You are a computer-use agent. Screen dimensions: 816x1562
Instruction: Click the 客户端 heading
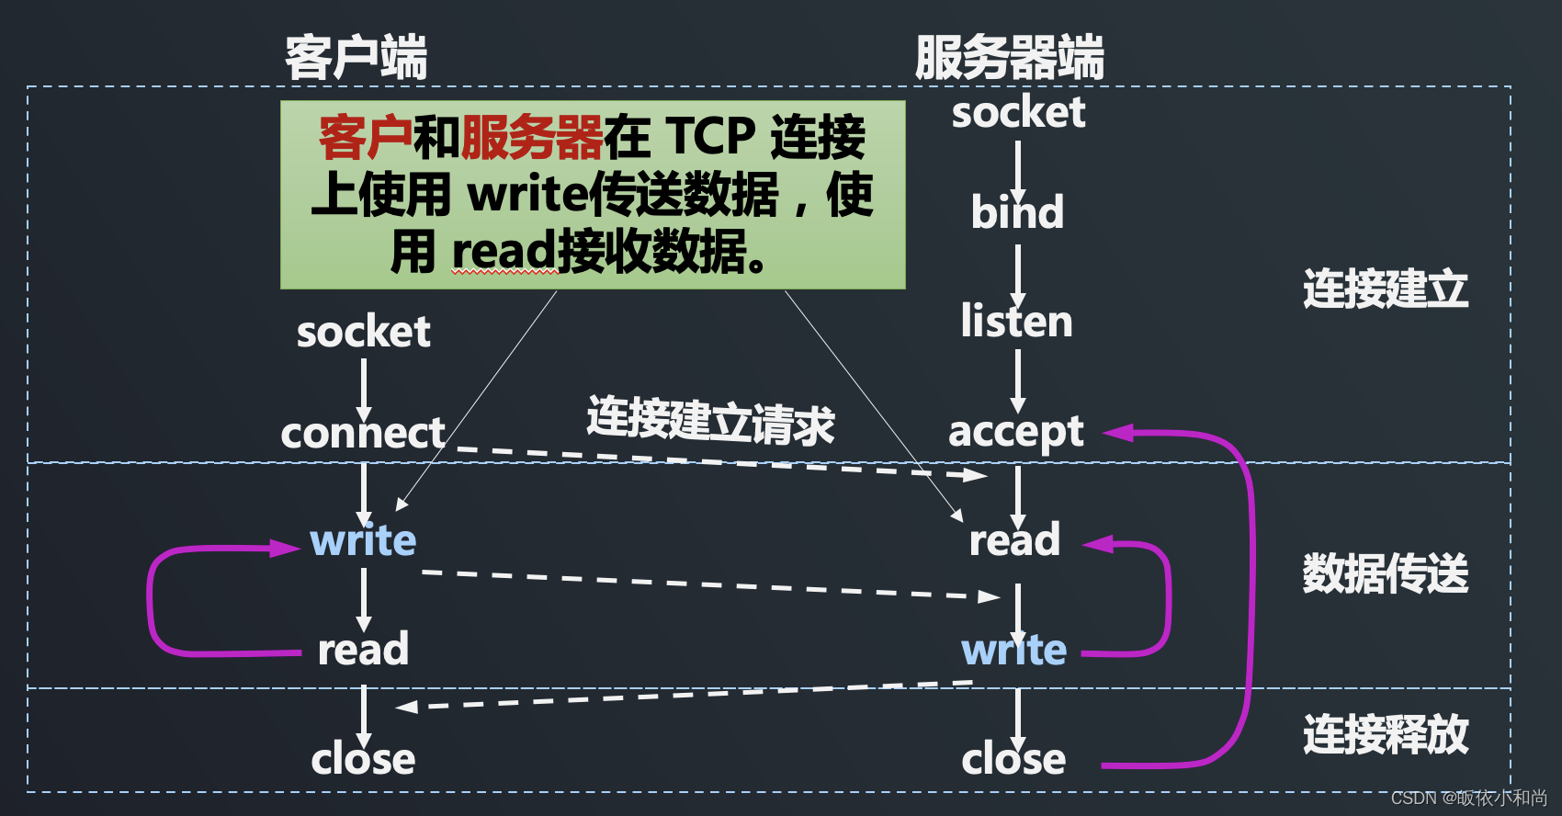(x=356, y=58)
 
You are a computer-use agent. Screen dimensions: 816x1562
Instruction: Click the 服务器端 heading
(x=1009, y=58)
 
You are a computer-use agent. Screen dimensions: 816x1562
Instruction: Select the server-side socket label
(x=1018, y=113)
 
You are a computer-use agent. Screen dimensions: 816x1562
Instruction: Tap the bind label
(x=1017, y=212)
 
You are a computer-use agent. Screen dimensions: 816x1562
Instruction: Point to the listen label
(x=1016, y=321)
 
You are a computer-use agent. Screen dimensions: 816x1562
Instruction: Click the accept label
(x=1015, y=432)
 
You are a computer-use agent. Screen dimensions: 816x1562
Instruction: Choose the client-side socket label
(x=363, y=332)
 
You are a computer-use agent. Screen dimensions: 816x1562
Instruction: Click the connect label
(x=363, y=433)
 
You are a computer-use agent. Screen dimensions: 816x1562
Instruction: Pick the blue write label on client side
(x=363, y=540)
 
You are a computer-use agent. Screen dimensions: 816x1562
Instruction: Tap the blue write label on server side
(x=1013, y=650)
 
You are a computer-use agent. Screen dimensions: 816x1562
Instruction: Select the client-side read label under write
(x=363, y=650)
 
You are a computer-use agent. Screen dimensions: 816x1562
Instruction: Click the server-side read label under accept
(x=1014, y=540)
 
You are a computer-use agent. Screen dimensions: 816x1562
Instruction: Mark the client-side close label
(x=363, y=759)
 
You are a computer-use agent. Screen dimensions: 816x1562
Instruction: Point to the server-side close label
(x=1013, y=759)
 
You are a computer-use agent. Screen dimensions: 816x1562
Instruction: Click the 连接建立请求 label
(x=710, y=421)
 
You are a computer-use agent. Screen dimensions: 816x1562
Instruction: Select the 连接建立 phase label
(x=1385, y=289)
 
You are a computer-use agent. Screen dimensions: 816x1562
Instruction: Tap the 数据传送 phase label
(x=1385, y=573)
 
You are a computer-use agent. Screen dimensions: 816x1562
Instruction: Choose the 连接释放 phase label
(x=1385, y=734)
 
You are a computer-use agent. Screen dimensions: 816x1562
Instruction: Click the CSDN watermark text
(x=1468, y=798)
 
